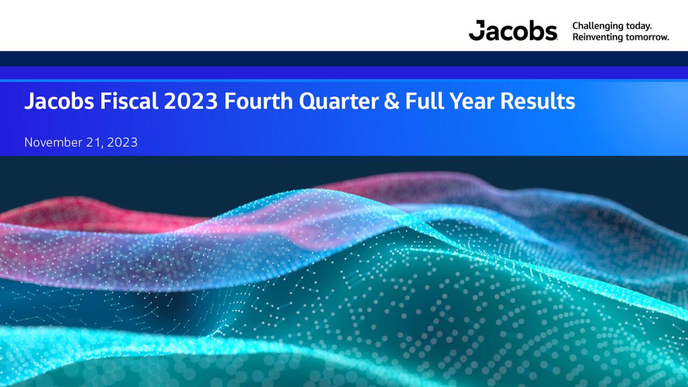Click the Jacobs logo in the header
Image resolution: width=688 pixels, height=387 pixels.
point(513,31)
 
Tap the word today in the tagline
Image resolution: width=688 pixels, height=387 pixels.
point(640,26)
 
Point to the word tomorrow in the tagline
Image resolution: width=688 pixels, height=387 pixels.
point(650,37)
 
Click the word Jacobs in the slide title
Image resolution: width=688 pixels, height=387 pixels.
point(59,101)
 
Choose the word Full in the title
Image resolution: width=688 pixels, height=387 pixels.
point(421,101)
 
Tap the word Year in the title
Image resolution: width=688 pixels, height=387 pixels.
point(465,101)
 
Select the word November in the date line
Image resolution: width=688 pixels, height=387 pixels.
point(53,142)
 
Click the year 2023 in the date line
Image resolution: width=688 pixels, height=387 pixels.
point(122,142)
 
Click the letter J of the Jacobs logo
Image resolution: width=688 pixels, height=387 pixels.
point(476,31)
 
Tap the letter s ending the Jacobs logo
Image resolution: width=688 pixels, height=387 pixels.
point(551,33)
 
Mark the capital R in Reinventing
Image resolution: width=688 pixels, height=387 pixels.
point(576,37)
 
